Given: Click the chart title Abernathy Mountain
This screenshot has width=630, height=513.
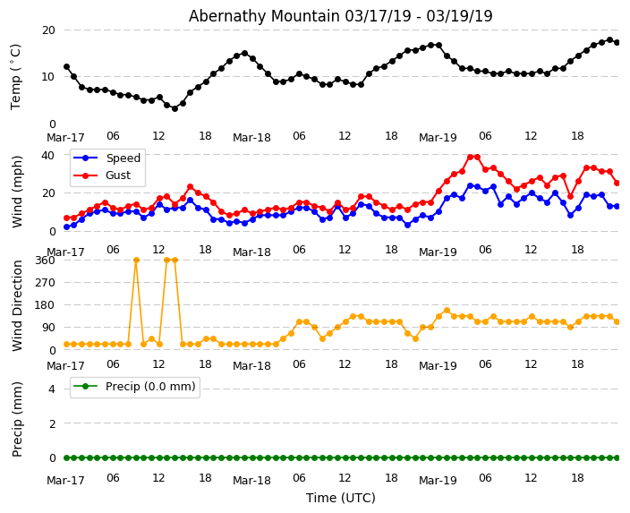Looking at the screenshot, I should [340, 16].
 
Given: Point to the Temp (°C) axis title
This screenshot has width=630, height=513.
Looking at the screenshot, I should [16, 76].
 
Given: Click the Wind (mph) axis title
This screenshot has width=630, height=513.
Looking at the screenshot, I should [17, 191].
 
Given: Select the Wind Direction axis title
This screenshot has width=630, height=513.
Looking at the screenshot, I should [17, 304].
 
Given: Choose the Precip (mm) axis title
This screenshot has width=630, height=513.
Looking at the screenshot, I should [17, 418].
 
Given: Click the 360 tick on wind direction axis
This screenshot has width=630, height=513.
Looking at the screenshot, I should [45, 260].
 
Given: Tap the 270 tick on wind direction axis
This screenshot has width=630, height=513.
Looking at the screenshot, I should [45, 282].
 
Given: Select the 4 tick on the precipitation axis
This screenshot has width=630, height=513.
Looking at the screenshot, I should [51, 389].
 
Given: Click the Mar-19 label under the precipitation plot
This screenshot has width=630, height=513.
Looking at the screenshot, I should [438, 480].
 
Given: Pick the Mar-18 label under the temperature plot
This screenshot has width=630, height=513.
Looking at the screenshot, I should [251, 138].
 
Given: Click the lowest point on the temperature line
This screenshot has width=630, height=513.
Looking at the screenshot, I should [175, 108].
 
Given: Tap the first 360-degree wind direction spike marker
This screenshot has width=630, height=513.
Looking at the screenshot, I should [136, 260].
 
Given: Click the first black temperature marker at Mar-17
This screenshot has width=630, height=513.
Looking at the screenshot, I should [66, 67].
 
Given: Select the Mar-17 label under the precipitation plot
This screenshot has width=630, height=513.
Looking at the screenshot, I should [65, 480].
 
